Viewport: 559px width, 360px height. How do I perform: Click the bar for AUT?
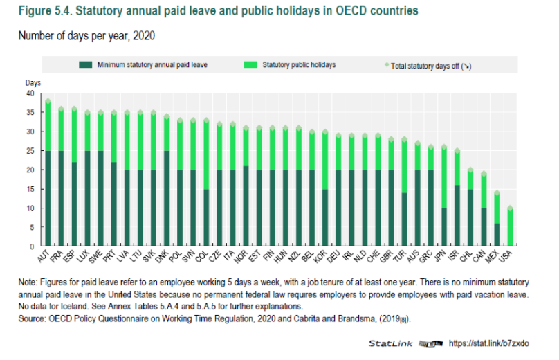tap(48, 173)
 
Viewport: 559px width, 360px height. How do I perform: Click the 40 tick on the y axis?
tap(29, 93)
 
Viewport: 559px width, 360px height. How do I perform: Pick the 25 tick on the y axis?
tap(29, 151)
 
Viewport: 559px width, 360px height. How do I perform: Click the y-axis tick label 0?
tap(31, 246)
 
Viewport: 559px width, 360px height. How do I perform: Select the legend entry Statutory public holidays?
tap(299, 65)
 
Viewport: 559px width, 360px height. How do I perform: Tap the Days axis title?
tap(33, 82)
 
